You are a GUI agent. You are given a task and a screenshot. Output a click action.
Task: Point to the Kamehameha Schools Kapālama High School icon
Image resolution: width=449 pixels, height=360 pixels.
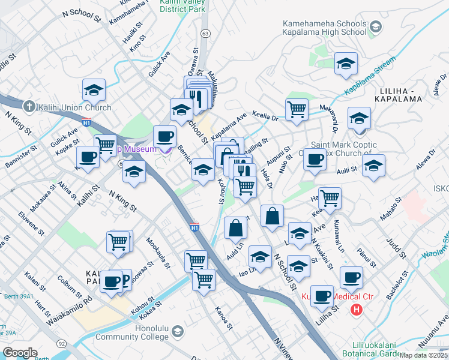coord(376,26)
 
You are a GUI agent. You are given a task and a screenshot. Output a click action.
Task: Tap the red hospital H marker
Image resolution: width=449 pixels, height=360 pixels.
coord(357,310)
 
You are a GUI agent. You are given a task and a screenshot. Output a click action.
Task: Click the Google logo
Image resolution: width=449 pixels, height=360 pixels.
coord(20,353)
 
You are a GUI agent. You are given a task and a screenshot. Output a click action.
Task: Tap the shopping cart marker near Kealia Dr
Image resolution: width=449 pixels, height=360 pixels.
coord(297,110)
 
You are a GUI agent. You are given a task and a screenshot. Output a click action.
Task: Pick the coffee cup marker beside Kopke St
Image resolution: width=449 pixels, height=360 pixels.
coord(88,157)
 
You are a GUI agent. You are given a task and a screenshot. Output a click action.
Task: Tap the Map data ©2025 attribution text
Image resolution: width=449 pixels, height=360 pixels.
coord(424,355)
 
